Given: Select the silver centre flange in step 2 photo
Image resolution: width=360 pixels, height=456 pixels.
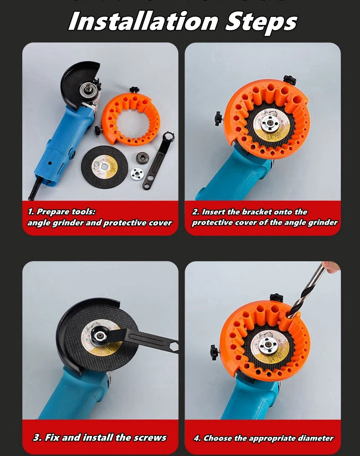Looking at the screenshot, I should coord(272,124).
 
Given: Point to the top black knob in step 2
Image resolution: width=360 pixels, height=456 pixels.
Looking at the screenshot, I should coord(289,80).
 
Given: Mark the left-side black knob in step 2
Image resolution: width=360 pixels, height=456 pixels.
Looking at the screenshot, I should coord(219,118).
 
